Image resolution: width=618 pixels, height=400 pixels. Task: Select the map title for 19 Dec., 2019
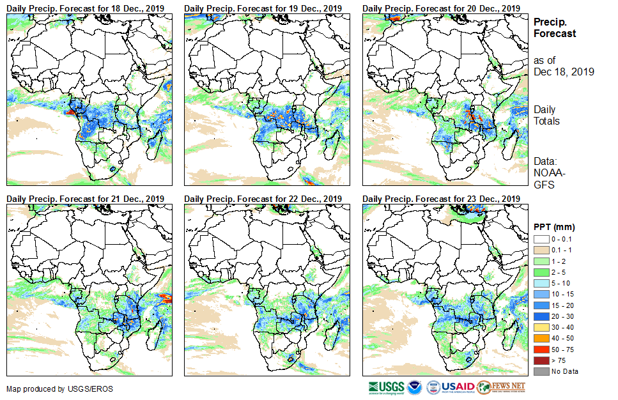coord(263,8)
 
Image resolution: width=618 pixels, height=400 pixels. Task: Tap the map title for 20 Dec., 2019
coord(441,8)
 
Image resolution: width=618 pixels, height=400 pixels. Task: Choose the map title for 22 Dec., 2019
coord(263,199)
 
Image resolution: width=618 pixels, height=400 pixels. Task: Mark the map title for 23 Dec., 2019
coord(441,199)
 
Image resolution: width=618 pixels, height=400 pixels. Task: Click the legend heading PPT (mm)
coord(554,227)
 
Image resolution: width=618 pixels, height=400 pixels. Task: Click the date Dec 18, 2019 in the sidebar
coord(564,72)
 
